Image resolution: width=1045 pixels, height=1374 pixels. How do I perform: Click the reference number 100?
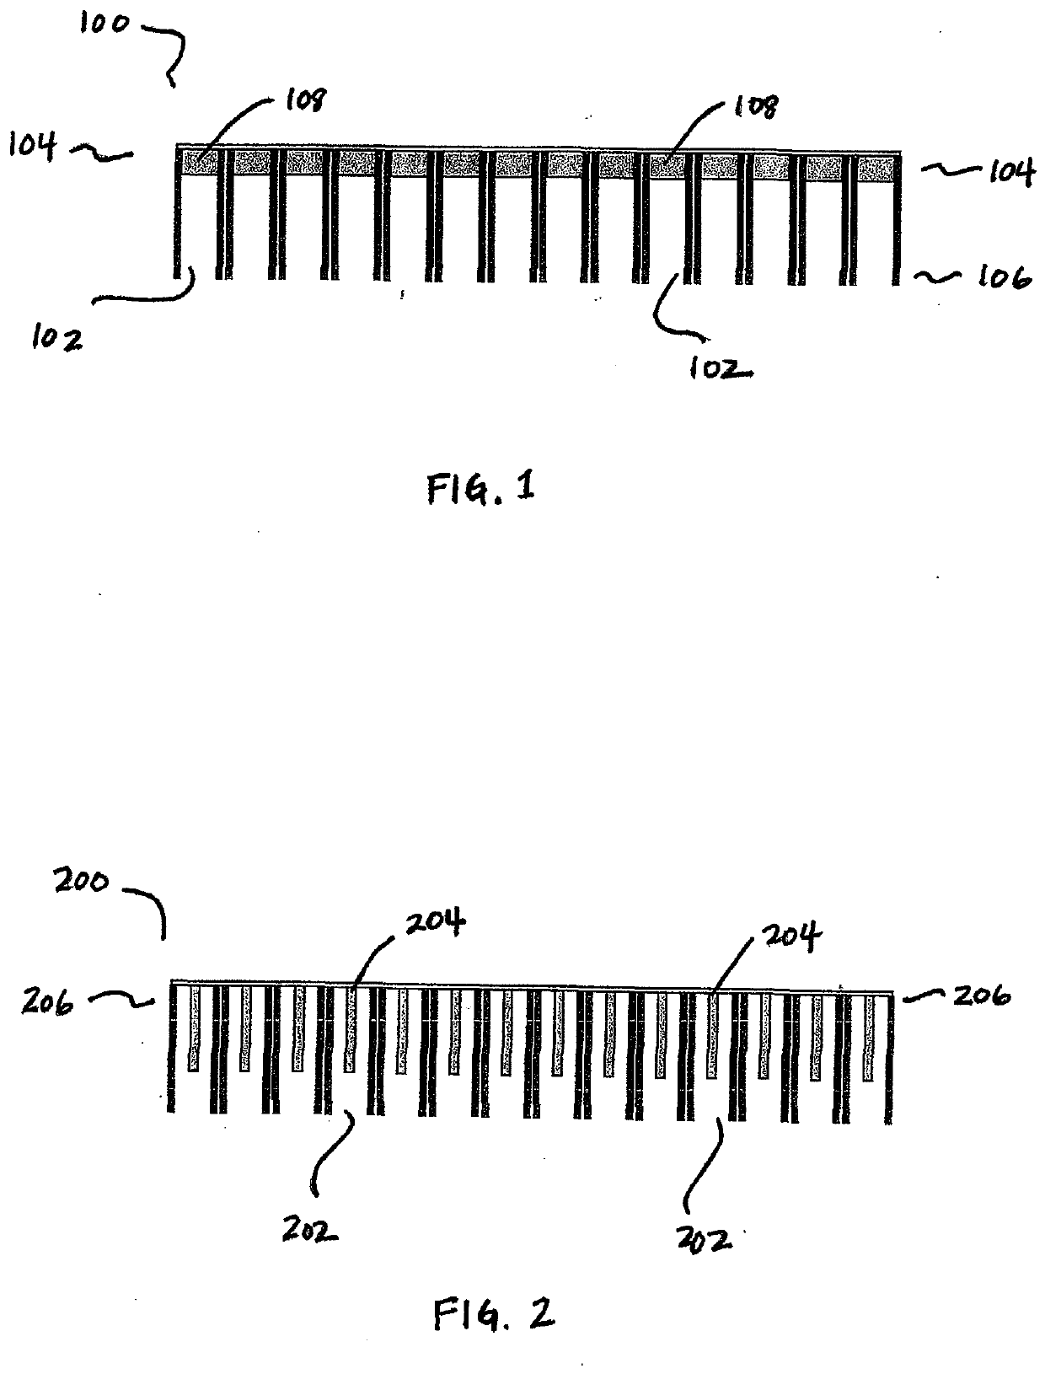coord(104,24)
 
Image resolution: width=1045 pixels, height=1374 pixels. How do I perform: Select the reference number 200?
coord(82,883)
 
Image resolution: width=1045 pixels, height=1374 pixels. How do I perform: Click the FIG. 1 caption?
coord(481,488)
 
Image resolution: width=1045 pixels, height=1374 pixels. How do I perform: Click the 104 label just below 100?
coord(33,146)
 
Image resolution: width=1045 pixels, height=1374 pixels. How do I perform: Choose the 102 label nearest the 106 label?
coord(715,368)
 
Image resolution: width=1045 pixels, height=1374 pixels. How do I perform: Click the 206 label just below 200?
coord(48,1001)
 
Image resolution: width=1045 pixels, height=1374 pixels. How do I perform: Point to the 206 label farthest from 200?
coord(982,996)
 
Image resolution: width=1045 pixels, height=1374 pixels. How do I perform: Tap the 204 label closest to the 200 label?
coord(435,923)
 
